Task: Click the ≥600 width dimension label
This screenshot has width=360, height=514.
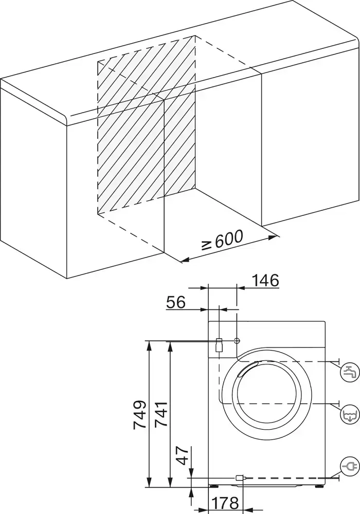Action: pyautogui.click(x=222, y=240)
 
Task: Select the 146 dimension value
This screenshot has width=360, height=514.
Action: pyautogui.click(x=265, y=281)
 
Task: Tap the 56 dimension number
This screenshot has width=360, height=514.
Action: pyautogui.click(x=175, y=302)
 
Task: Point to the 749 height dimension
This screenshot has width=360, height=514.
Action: pyautogui.click(x=140, y=414)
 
